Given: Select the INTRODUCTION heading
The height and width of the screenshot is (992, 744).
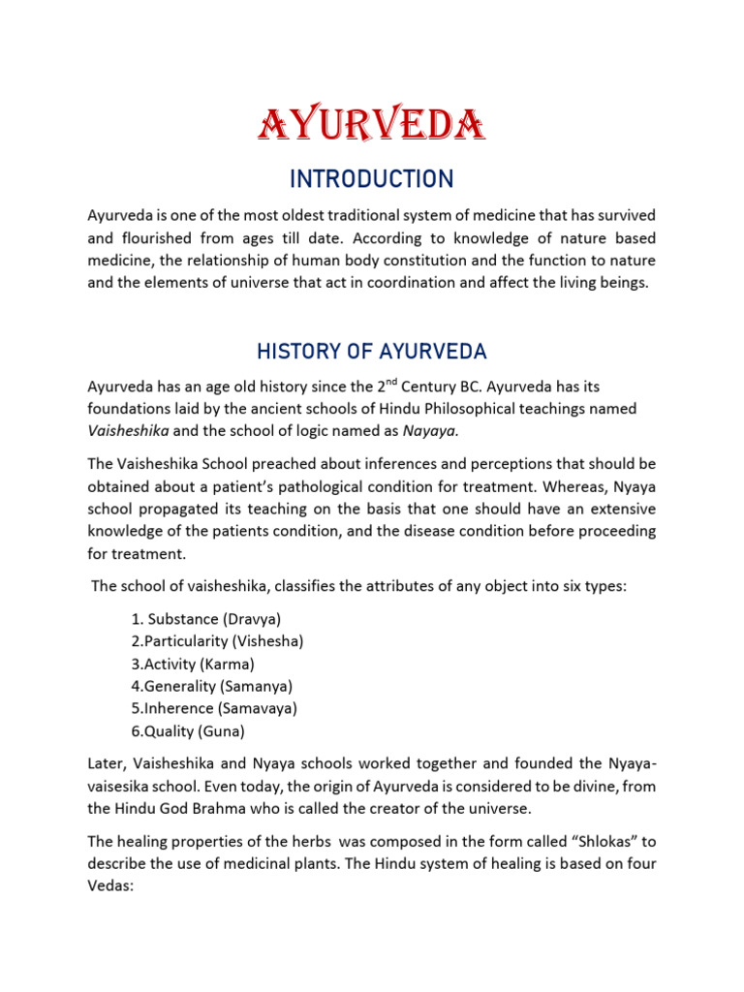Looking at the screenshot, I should [x=372, y=179].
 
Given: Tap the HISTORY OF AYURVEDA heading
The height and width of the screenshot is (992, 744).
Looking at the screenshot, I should [x=372, y=350].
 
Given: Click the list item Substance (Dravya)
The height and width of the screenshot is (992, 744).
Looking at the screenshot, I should [x=205, y=618].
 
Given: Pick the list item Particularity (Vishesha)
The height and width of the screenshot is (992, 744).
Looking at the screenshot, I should [x=216, y=640].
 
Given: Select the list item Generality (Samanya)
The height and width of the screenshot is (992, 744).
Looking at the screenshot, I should [x=208, y=686].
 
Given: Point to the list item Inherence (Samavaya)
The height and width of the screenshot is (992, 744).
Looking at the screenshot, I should [x=213, y=708].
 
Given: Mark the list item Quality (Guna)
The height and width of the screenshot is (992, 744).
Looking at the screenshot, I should [x=187, y=731].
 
